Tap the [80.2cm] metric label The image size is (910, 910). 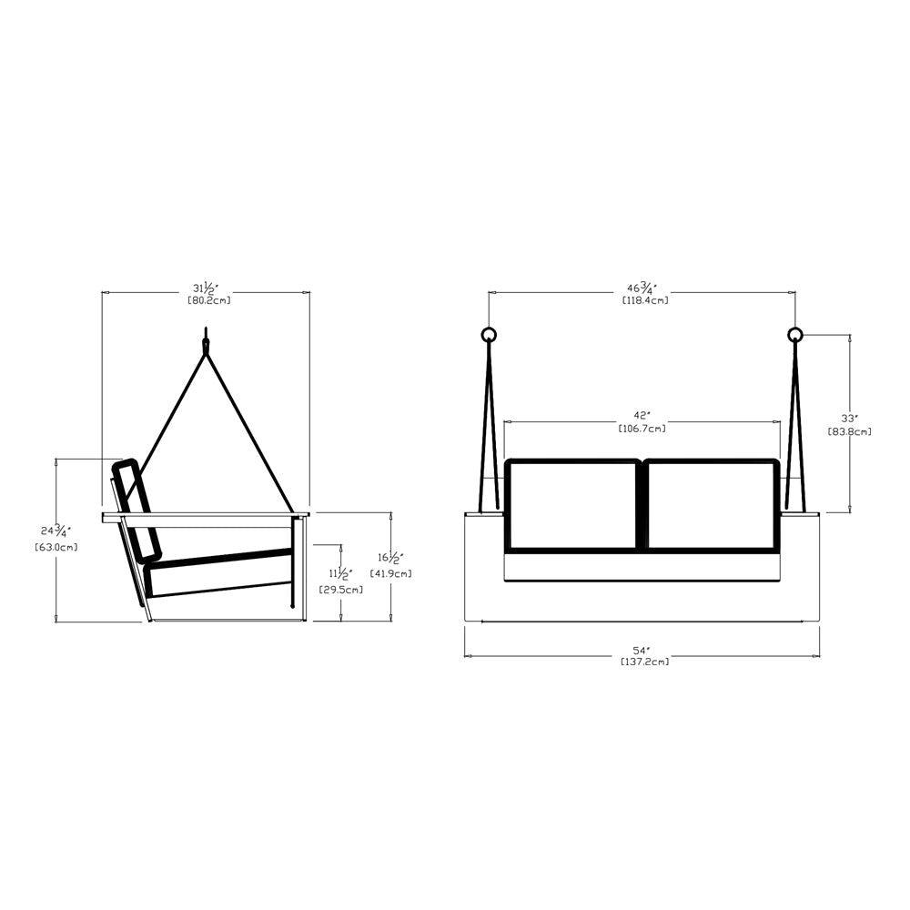[x=208, y=300]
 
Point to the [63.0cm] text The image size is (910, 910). [x=56, y=547]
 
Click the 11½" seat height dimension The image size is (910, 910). [x=340, y=572]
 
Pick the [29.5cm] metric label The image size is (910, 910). [x=341, y=589]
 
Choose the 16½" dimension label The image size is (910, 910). [x=390, y=556]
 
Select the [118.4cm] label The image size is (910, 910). [x=645, y=300]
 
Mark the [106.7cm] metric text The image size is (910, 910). [x=642, y=429]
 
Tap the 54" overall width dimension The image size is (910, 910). [x=642, y=651]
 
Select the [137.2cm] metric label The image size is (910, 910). [x=642, y=662]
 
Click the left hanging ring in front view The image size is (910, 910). [x=489, y=334]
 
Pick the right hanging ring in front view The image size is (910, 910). [x=794, y=334]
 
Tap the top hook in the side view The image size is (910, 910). [x=206, y=346]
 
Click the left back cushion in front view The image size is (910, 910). [x=572, y=506]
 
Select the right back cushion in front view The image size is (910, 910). [x=711, y=506]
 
